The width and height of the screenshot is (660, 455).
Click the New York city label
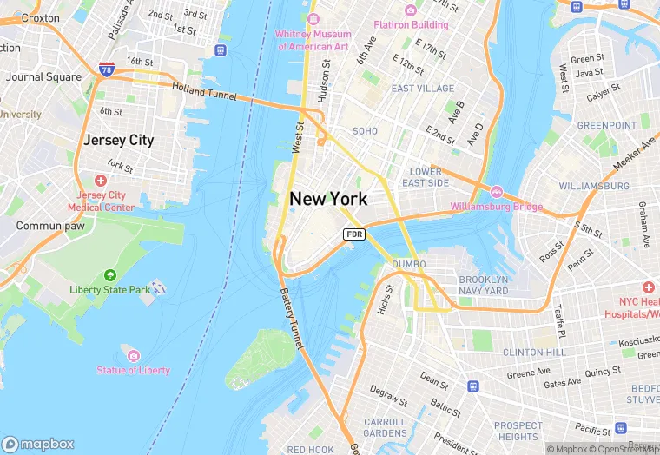pos(328,199)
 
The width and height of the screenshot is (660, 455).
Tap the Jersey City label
pos(118,140)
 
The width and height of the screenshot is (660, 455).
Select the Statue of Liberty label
pos(134,370)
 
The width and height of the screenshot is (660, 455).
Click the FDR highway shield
pos(353,234)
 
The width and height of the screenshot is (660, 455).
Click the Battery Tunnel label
pos(292,319)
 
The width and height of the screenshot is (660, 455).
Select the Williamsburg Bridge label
pos(496,207)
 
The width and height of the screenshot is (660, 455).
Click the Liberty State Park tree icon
pos(110,275)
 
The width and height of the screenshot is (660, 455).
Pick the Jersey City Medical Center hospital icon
pos(101,181)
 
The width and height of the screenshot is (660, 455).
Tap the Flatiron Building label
pos(411,25)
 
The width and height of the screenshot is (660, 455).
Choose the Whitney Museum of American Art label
pos(312,40)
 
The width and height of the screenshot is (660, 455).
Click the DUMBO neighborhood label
pos(408,264)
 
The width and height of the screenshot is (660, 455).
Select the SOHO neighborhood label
pos(365,131)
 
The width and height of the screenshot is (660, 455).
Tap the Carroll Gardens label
pos(385,427)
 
